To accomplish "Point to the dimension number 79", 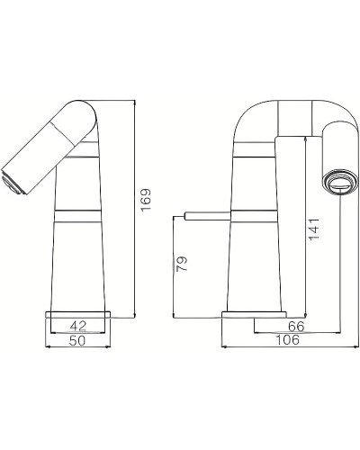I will point(183,265).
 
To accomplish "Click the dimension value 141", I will point(312,229).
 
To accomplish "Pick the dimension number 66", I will point(294,327).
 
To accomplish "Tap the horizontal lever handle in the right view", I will point(206,215).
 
